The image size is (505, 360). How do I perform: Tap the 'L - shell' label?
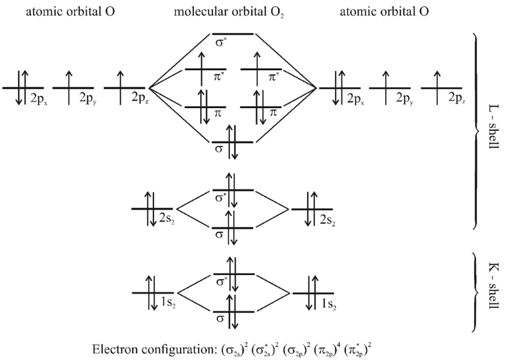(x=487, y=131)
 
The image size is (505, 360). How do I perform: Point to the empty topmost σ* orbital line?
(x=233, y=34)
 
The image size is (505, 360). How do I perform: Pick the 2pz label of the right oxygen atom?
(x=457, y=97)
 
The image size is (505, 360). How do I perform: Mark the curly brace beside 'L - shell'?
(x=475, y=131)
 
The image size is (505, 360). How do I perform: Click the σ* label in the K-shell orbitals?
(x=221, y=279)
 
